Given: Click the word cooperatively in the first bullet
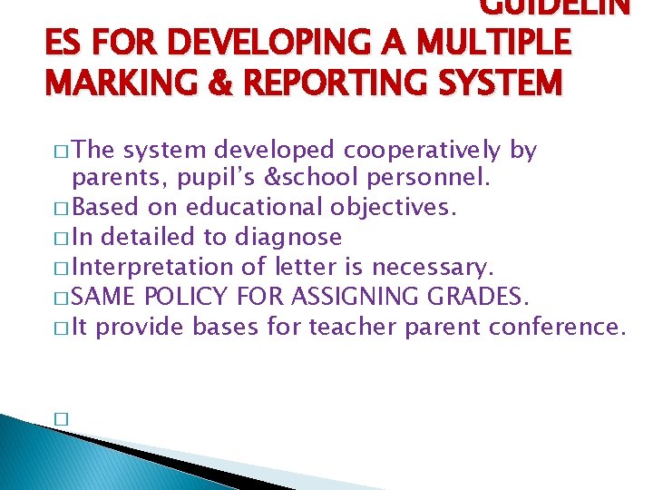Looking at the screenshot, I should pos(422,150).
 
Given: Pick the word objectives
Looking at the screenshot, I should pos(392,208).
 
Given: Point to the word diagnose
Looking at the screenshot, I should pos(288,237).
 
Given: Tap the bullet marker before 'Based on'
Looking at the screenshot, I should pos(61,209).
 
